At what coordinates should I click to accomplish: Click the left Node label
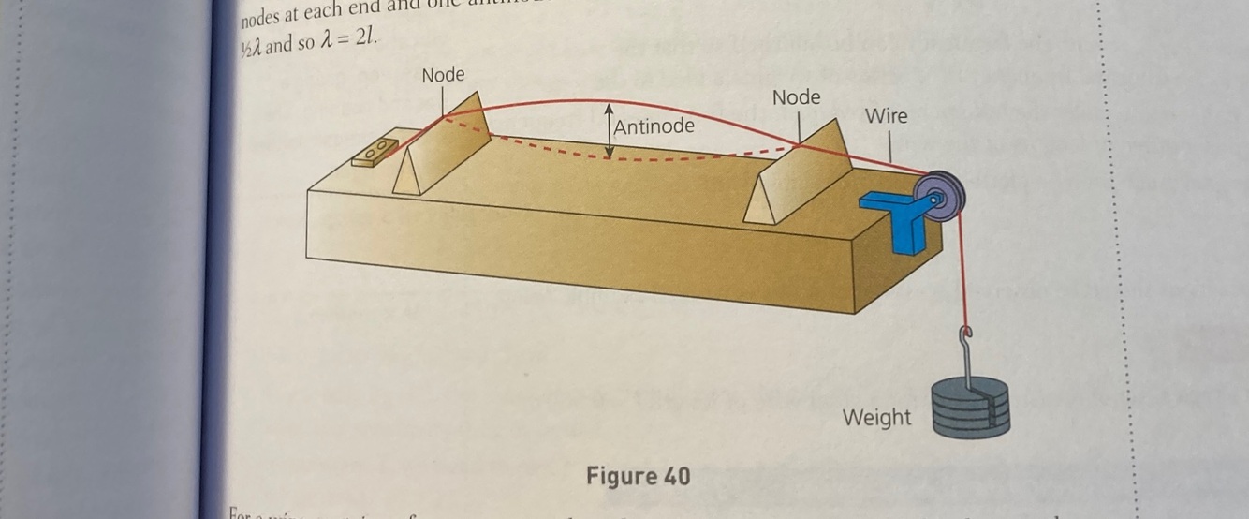coord(443,75)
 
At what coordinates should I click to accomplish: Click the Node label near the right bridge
coord(796,97)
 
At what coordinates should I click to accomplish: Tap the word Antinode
coord(654,126)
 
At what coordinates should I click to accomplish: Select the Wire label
coord(886,116)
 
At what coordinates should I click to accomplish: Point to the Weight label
coord(876,417)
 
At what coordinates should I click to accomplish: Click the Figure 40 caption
coord(638,476)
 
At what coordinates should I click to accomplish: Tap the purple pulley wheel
coord(941,197)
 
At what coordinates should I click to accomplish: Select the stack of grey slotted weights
coord(971,409)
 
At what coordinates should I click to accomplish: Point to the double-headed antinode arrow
coord(610,130)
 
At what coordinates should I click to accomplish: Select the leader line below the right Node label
coord(799,126)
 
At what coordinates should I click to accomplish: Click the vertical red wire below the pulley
coord(960,272)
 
